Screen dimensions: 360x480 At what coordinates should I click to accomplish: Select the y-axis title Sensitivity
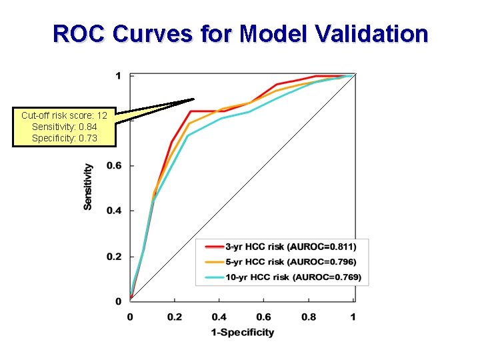(88, 187)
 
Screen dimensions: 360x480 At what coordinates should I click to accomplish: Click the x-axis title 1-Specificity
(242, 332)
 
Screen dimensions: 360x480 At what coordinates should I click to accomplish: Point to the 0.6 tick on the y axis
(114, 165)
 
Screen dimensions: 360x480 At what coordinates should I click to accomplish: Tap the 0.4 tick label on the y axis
(114, 211)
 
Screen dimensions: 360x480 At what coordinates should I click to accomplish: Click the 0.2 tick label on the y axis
(114, 257)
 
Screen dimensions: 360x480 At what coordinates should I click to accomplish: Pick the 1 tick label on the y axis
(118, 75)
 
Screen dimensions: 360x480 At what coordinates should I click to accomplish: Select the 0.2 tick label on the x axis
(175, 317)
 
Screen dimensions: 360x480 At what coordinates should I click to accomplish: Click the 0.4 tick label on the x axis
(219, 317)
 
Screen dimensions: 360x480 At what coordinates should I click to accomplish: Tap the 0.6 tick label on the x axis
(264, 317)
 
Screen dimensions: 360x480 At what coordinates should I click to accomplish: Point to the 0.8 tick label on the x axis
(309, 317)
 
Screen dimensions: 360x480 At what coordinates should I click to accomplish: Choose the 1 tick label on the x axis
(353, 317)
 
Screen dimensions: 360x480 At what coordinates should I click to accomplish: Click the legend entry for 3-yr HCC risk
(295, 247)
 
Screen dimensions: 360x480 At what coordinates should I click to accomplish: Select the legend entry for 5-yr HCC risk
(295, 262)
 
